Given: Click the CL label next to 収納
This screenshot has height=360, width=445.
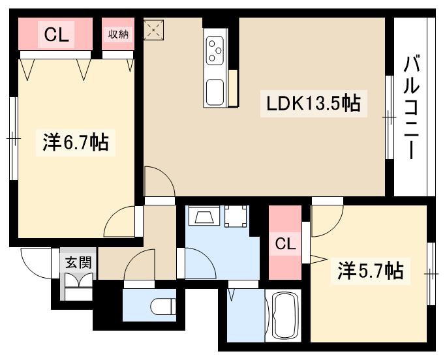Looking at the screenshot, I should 57,34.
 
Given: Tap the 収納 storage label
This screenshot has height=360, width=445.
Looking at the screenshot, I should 119,34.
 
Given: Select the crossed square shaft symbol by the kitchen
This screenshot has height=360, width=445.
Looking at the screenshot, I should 154,29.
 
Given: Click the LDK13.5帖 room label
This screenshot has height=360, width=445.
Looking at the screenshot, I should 312,104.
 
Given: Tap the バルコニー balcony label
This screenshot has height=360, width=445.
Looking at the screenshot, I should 411,108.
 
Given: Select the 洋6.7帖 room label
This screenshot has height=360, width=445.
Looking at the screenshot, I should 75,142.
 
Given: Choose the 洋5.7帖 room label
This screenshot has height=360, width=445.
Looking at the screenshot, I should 369,269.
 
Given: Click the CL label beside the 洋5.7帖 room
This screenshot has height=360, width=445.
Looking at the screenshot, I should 284,244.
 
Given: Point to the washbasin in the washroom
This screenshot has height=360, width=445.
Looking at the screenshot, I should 202,218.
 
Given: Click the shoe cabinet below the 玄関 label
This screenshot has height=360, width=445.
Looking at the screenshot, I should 77,286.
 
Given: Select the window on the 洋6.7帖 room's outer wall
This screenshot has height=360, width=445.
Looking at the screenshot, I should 12,138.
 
